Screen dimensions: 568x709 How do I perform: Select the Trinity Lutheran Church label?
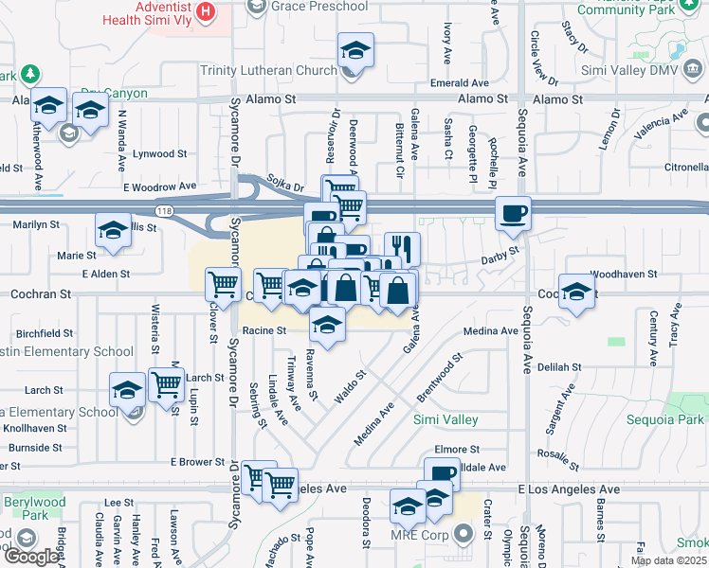point(268,70)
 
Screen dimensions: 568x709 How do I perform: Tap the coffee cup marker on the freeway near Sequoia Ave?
point(513,213)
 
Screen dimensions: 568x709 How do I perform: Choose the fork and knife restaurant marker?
point(402,249)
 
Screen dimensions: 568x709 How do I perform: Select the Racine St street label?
point(264,330)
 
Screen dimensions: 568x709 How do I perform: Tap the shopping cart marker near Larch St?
point(166,385)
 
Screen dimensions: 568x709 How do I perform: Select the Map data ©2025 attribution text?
point(668,560)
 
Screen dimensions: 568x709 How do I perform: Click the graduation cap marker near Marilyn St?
point(112,230)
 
